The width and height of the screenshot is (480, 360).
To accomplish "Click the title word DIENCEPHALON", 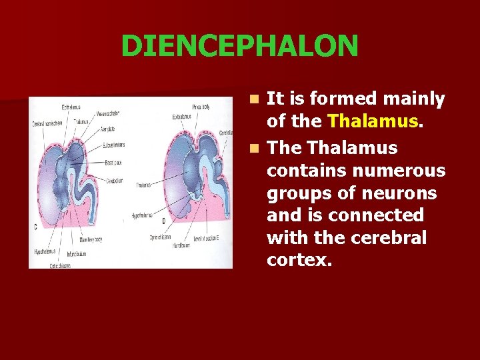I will (239, 46).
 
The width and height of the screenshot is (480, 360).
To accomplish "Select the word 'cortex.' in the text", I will (299, 261).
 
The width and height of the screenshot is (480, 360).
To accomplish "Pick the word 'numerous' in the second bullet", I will (405, 171).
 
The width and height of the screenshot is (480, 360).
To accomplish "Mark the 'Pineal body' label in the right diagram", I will (201, 107).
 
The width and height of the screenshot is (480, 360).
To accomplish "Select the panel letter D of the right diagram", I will (163, 221).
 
